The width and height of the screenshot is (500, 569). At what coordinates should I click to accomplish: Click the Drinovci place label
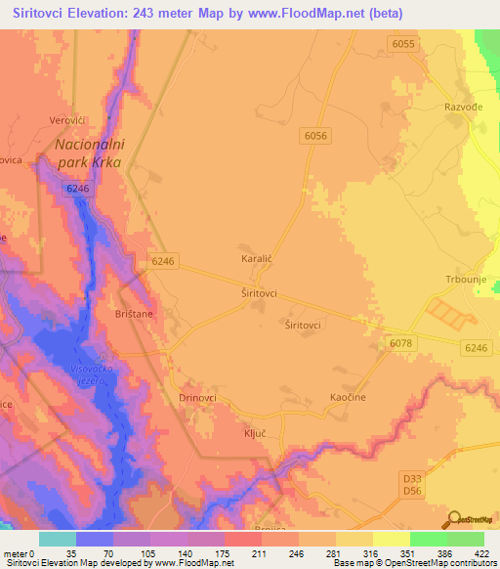tap(198, 398)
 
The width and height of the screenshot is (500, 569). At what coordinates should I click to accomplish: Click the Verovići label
tap(69, 121)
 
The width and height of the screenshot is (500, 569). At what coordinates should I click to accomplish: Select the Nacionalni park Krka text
tap(88, 153)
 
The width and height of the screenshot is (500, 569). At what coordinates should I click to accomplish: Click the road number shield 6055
tap(402, 44)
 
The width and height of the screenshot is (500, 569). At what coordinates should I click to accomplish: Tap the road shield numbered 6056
tap(314, 137)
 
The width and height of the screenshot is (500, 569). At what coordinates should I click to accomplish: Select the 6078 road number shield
tap(400, 342)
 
